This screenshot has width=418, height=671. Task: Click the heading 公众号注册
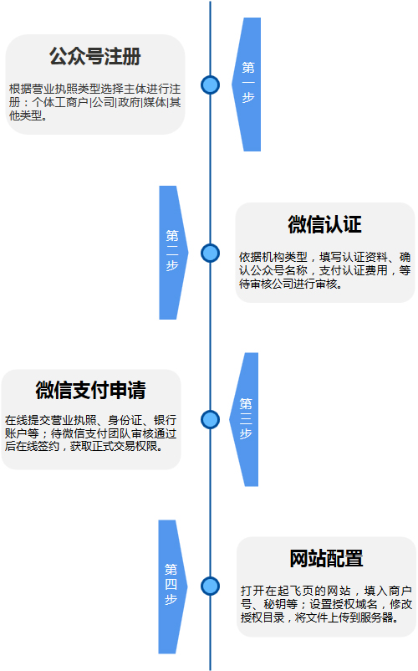[94, 56]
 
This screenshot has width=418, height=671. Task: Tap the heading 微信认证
[325, 224]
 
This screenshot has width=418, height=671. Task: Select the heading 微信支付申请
[90, 390]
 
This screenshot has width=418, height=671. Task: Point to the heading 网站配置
[327, 558]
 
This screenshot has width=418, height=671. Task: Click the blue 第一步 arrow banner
[248, 85]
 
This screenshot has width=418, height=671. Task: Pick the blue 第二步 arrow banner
[172, 253]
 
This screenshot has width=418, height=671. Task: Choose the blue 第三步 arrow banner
[245, 419]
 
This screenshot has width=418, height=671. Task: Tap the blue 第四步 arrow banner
[171, 586]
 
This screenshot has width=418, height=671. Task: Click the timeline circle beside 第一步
[211, 85]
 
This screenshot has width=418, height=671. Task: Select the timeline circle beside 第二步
[211, 253]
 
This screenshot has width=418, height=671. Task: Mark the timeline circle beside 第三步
[211, 419]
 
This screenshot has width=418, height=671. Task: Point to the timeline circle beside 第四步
[211, 586]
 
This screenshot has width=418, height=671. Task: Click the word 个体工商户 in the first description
[60, 102]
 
